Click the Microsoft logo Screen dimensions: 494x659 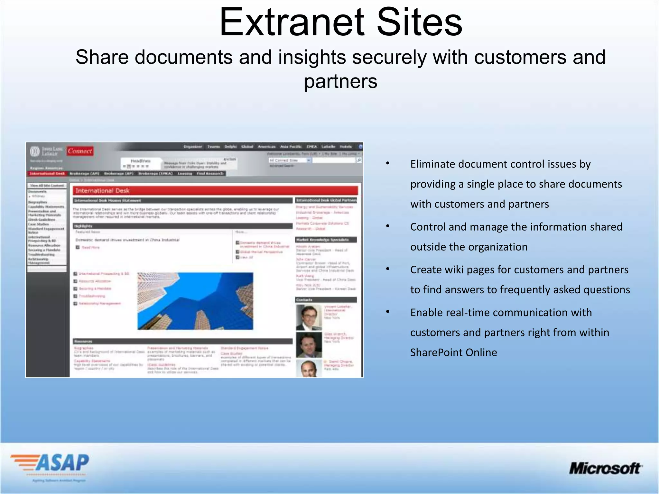pyautogui.click(x=605, y=468)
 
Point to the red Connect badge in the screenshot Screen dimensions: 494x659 pyautogui.click(x=80, y=151)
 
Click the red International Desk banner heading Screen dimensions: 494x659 pyautogui.click(x=215, y=191)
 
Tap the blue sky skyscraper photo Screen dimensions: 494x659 pyautogui.click(x=195, y=301)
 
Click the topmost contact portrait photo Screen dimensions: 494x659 pyautogui.click(x=309, y=318)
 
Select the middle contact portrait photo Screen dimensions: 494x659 pyautogui.click(x=309, y=345)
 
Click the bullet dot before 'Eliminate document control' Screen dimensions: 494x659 pyautogui.click(x=388, y=163)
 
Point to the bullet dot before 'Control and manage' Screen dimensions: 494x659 pyautogui.click(x=388, y=226)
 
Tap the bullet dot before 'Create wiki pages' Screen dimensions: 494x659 pyautogui.click(x=388, y=269)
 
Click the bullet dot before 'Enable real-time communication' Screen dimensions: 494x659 pyautogui.click(x=388, y=312)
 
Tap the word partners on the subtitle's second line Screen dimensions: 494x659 pyautogui.click(x=341, y=82)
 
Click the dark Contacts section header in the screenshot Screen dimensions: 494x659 pyautogui.click(x=326, y=300)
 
